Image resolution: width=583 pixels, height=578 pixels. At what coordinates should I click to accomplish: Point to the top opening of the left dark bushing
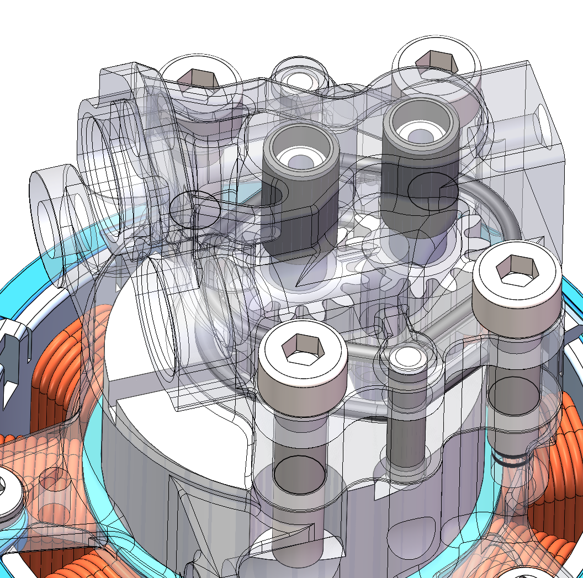pos(301,156)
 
